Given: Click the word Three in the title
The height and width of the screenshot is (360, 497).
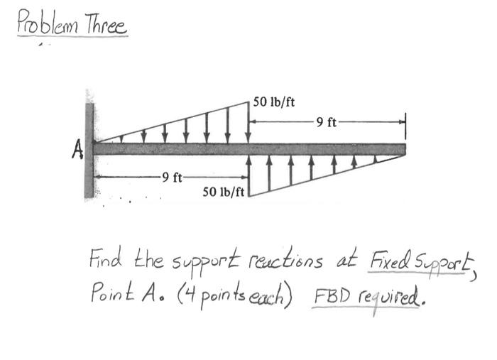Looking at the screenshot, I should tap(105, 26).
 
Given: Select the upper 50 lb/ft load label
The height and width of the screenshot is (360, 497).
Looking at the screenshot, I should tap(275, 102).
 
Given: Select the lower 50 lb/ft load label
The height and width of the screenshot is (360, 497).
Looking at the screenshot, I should tap(223, 192).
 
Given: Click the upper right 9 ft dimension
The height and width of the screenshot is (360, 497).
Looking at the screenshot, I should tap(327, 122).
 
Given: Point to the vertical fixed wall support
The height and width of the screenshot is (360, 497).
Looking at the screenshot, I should tap(89, 149).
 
